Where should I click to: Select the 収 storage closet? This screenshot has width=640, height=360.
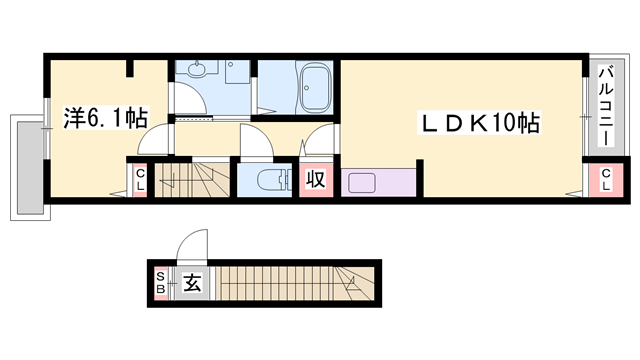(315, 181)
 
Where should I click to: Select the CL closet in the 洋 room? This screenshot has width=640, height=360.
(139, 182)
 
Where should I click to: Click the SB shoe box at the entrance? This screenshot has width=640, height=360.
(160, 282)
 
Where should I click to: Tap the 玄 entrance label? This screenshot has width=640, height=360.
(192, 282)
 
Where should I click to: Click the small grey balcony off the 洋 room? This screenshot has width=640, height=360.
(27, 165)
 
